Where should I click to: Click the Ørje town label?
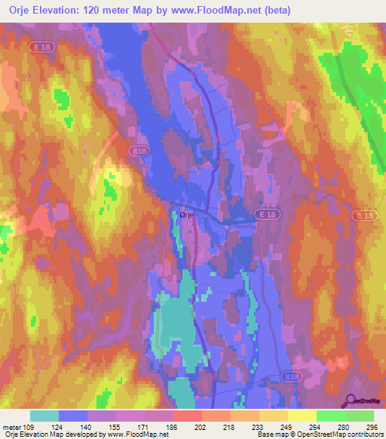[x=188, y=214]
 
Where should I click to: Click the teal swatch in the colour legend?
[x=44, y=416]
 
